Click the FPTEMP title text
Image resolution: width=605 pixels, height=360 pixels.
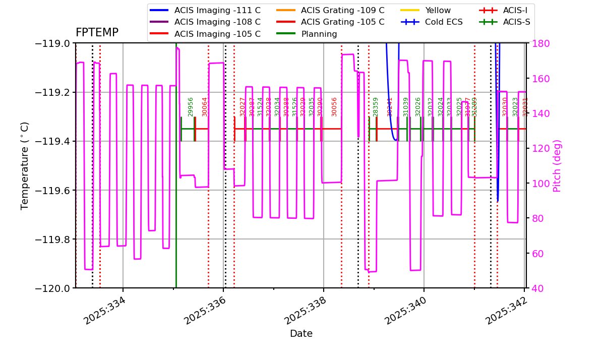tap(97, 33)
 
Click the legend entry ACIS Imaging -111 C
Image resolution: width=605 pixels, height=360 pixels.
tap(217, 10)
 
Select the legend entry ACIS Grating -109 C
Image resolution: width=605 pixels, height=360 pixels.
tap(342, 10)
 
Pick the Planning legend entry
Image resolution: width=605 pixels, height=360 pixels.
tap(319, 34)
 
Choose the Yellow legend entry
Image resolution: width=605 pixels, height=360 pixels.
tap(438, 10)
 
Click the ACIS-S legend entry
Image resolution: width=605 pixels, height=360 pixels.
tap(516, 22)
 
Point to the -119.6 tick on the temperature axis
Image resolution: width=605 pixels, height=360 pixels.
tap(51, 190)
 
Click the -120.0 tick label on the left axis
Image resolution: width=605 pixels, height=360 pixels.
tap(51, 288)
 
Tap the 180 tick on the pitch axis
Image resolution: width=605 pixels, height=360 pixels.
tap(538, 43)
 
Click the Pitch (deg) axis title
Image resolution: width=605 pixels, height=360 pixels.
tap(557, 165)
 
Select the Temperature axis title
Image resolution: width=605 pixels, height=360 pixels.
tap(25, 165)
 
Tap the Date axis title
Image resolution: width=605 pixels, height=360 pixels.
tap(301, 334)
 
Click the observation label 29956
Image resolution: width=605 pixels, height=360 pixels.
tap(191, 107)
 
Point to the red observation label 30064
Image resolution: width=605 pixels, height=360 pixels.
tap(205, 107)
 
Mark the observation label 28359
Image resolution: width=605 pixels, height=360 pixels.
tap(376, 107)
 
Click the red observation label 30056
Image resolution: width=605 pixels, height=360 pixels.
tap(334, 107)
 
